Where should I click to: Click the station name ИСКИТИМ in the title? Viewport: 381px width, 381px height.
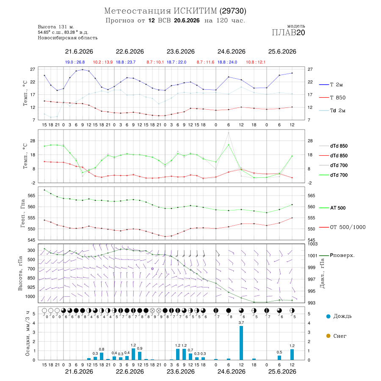(195, 11)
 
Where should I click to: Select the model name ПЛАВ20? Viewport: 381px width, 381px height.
(288, 33)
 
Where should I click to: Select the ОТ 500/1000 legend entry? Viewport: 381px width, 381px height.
(342, 227)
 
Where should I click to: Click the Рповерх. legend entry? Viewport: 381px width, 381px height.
(337, 255)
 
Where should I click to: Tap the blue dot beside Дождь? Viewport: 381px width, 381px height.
(328, 316)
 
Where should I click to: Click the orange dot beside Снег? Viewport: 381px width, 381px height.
(328, 336)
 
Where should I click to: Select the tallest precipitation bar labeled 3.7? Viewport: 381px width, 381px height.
(241, 343)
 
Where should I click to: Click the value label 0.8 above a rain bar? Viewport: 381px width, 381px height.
(102, 349)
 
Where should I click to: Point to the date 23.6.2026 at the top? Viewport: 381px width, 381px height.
(180, 52)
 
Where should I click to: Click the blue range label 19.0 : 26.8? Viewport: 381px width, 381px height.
(75, 62)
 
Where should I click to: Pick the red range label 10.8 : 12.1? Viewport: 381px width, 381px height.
(256, 62)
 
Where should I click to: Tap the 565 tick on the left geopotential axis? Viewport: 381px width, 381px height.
(32, 196)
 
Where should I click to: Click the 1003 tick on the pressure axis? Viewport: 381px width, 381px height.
(312, 244)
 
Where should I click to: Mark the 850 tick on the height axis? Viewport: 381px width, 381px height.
(31, 278)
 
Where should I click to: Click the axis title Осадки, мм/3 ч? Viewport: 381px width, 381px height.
(28, 334)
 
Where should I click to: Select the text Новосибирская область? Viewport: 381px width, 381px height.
(68, 38)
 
